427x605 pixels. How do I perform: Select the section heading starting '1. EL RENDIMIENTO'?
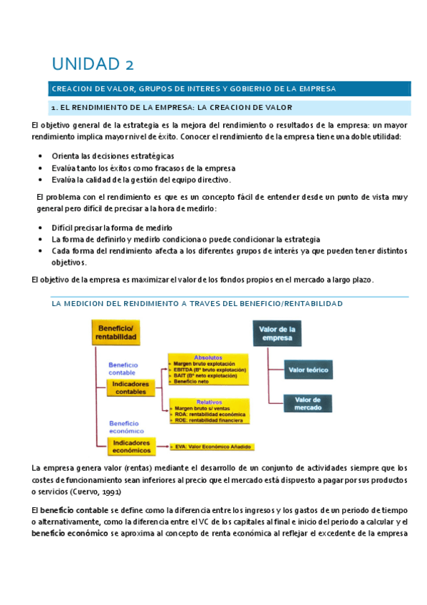(x=171, y=108)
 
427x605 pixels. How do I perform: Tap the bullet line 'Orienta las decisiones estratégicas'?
(x=113, y=156)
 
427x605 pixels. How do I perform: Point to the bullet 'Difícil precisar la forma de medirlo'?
(x=118, y=227)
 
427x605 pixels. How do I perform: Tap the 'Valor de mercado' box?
(x=307, y=402)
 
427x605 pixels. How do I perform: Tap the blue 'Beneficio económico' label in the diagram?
(x=124, y=427)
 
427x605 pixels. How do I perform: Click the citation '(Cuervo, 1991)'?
(x=99, y=492)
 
